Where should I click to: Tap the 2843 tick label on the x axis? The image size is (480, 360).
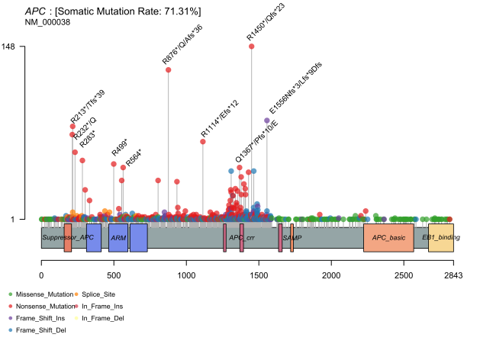coord(453,273)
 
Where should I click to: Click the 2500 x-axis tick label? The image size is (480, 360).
coord(403,273)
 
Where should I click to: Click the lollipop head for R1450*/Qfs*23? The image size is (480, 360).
coord(251,47)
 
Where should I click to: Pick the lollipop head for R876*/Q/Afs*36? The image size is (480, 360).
coord(168,70)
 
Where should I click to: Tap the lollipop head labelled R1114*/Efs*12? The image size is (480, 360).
coord(203,142)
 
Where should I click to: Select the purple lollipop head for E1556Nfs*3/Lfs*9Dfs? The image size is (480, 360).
coord(266,121)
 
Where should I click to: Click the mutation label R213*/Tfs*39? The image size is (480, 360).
coord(88,106)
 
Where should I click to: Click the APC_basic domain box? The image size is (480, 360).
coord(388,238)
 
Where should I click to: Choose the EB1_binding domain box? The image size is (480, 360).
coord(440,238)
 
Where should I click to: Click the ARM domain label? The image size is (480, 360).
coord(118,238)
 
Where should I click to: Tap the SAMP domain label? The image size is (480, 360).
coord(292,238)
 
